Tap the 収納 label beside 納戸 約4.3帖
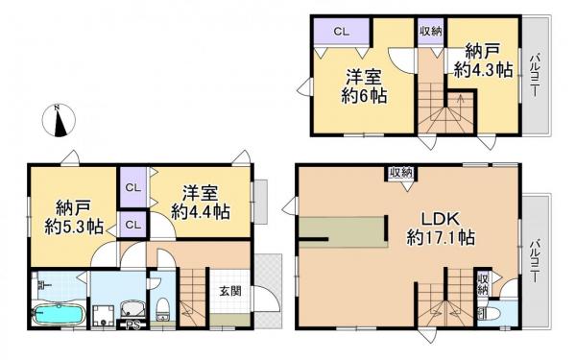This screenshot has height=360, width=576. coord(429,31)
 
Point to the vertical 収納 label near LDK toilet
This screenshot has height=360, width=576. coord(483,283)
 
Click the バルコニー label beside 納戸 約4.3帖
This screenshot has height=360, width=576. coord(533,78)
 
